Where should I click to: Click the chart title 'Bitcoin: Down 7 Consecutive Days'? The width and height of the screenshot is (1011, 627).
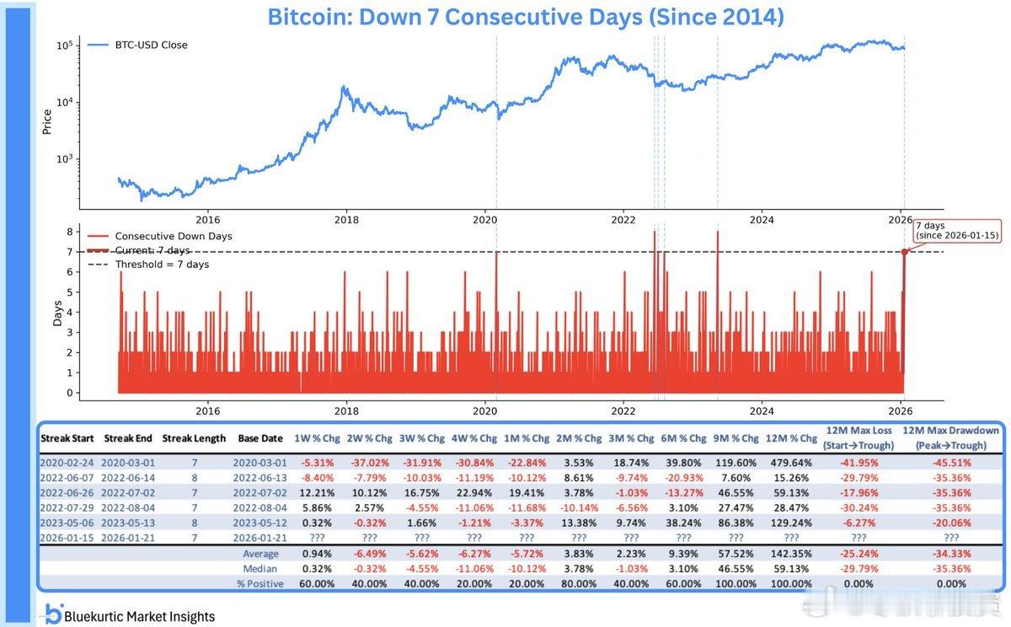(x=525, y=17)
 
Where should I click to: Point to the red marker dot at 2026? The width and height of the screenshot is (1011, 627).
(x=904, y=251)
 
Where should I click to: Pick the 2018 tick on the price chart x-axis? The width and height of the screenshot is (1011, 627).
(x=346, y=219)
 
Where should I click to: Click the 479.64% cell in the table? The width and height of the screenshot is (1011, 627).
(x=791, y=463)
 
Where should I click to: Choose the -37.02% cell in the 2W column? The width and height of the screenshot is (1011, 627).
(x=370, y=463)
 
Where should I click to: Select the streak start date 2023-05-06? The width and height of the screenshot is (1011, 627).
(x=69, y=522)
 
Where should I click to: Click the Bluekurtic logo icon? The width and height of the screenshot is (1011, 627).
(x=53, y=614)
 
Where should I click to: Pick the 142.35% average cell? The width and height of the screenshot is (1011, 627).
(x=791, y=554)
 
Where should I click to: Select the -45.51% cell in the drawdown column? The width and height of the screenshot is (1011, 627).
(x=950, y=463)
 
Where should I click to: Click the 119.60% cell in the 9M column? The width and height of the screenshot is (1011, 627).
(x=737, y=463)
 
